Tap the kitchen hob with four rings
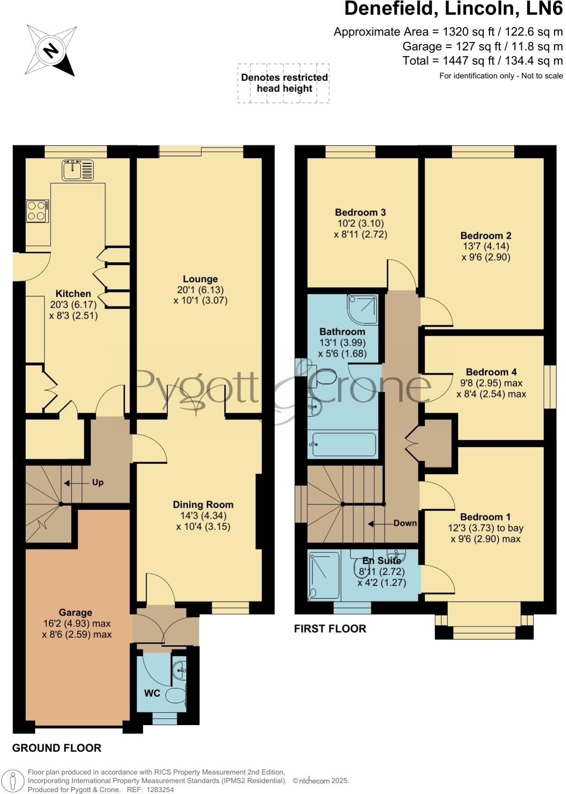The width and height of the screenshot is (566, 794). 37,211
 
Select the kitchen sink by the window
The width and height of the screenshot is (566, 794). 78,170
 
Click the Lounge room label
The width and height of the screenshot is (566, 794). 200,279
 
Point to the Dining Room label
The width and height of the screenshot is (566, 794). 203,505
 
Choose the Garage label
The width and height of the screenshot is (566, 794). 75,613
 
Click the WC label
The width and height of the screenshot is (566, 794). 152,693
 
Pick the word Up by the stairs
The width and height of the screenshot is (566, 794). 98,482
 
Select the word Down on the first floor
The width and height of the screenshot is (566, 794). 405,523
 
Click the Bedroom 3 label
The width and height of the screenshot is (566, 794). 360,212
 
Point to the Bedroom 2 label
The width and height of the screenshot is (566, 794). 486,236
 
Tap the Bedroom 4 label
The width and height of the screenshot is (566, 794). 491,372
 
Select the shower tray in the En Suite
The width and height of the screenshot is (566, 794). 324,576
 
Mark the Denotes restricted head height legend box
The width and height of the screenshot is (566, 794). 283,83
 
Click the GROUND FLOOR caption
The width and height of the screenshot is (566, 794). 57,748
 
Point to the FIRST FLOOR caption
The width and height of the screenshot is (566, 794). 330,628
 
